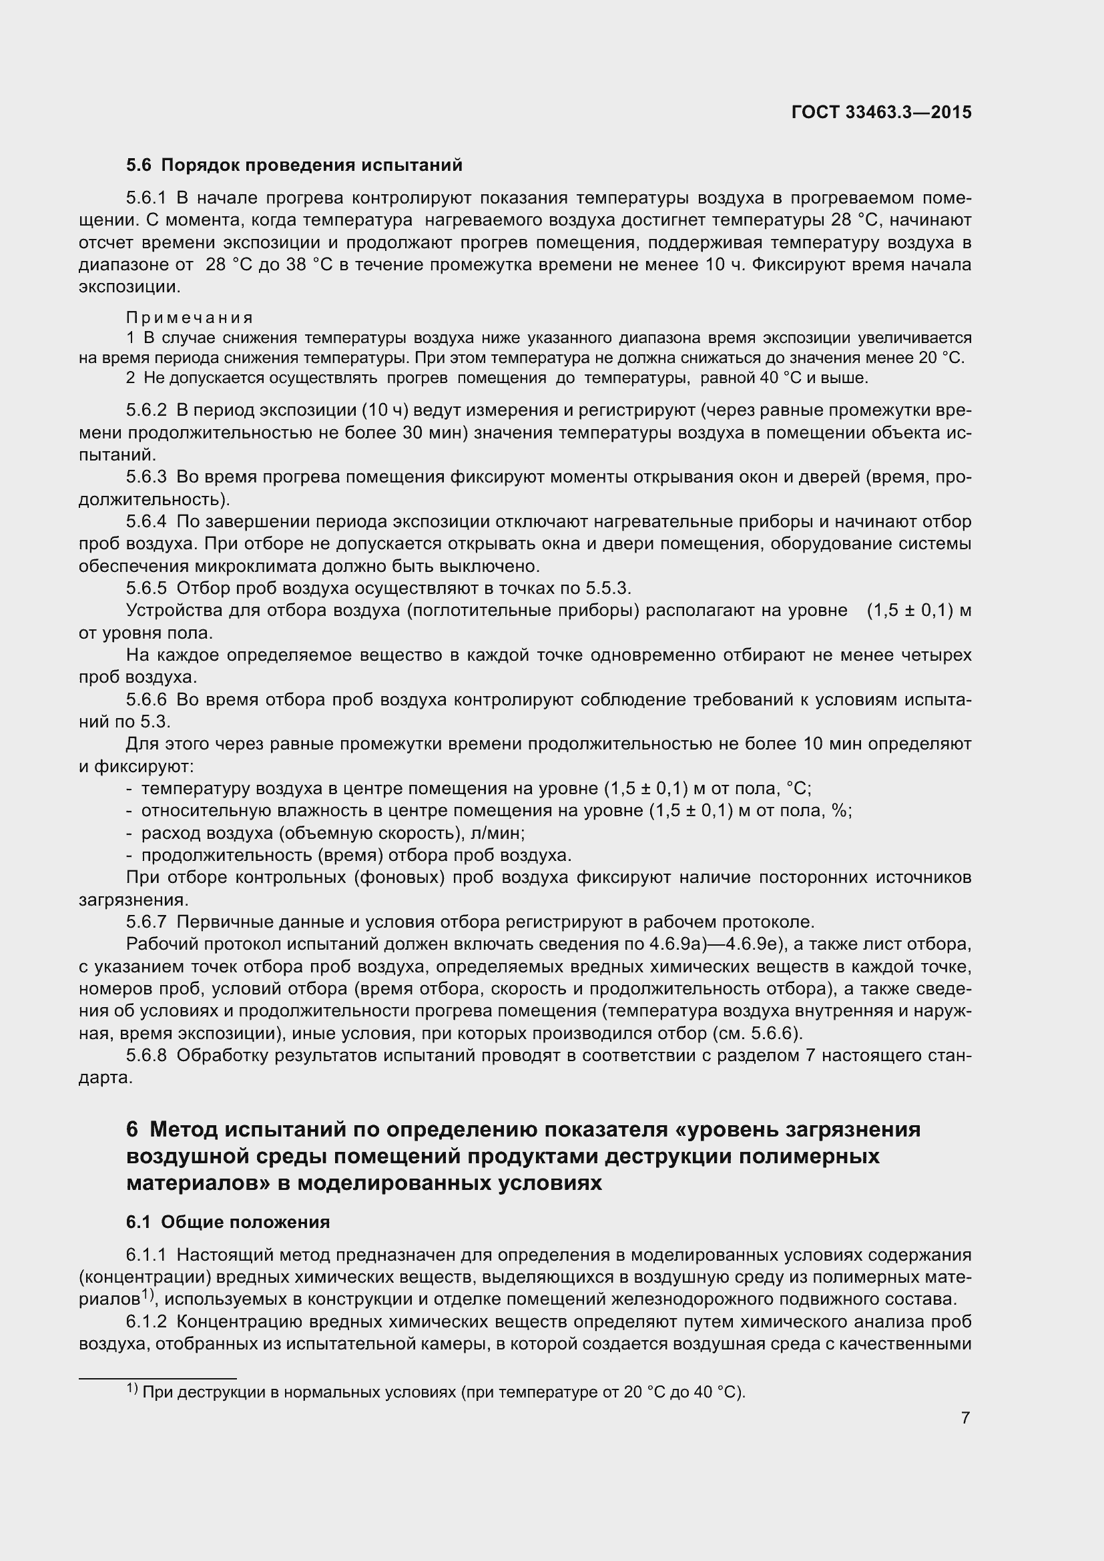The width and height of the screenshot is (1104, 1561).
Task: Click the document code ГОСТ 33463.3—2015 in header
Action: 882,112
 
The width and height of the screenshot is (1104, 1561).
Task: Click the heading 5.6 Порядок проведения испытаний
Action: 294,166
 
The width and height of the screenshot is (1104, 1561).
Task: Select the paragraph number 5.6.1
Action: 146,198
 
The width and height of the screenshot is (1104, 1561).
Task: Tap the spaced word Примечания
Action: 190,318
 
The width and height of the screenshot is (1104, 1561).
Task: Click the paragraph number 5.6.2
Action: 146,410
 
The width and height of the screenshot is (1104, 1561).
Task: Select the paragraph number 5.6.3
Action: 146,477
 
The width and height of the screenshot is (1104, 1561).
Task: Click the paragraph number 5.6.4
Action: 146,521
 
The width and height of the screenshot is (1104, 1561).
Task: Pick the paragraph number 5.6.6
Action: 146,699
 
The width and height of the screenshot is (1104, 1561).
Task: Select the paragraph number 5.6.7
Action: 146,922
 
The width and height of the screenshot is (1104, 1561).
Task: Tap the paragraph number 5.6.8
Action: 146,1055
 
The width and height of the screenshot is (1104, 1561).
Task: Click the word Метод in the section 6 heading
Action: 183,1129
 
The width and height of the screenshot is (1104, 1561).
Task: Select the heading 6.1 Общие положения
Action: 228,1222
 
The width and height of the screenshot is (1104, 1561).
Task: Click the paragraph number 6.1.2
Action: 146,1321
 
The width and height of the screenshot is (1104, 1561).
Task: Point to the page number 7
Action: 965,1418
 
